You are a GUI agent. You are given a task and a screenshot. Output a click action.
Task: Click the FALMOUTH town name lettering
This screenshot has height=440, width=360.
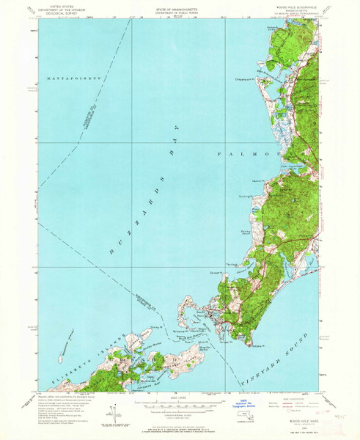pyautogui.click(x=249, y=154)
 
